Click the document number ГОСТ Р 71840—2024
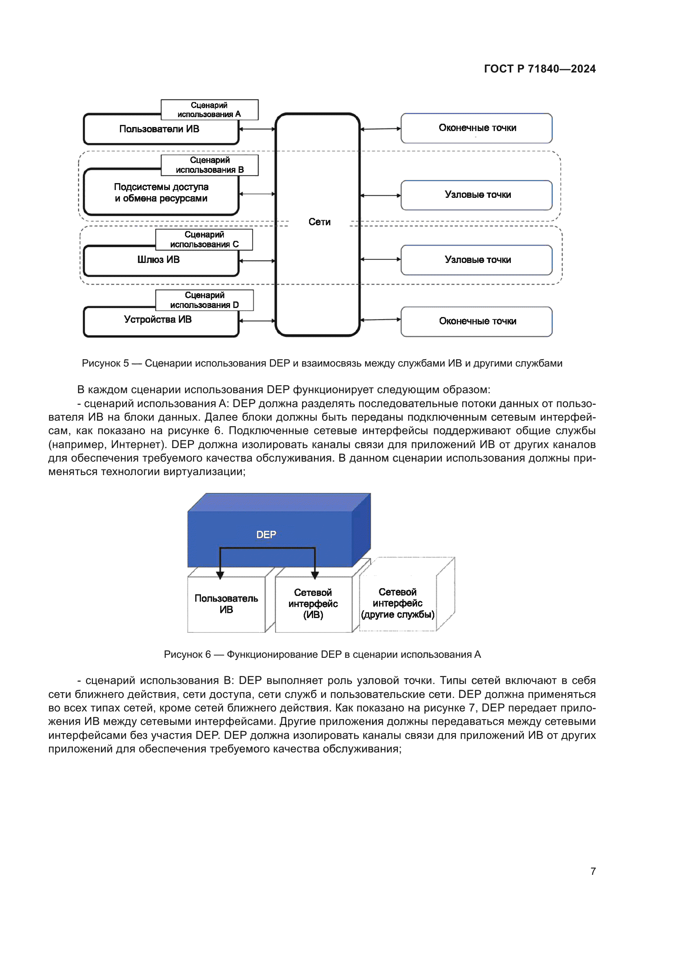coord(539,69)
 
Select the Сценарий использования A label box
coord(209,110)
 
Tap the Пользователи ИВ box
coord(160,129)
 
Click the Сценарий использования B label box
coord(209,165)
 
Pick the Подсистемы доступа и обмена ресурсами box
coord(161,193)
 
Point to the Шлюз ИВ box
coord(159,260)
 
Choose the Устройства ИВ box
coord(158,320)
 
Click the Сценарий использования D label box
coord(204,300)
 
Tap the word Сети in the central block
coord(319,222)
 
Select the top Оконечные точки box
coord(477,128)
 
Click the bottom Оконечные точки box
coord(477,321)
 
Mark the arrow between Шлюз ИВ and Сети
coord(257,261)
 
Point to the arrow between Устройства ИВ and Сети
coord(257,321)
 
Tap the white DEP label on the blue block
coord(266,534)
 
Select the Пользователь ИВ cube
coord(226,604)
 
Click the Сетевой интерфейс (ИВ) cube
coord(313,604)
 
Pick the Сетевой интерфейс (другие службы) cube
coord(398,603)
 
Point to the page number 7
coord(593,871)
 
